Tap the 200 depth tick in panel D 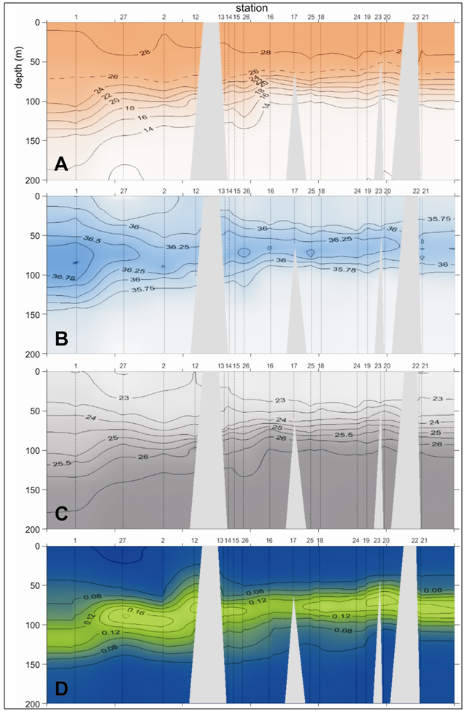pos(34,704)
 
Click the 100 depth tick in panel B pos(34,275)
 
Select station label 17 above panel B pos(294,191)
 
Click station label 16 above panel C pos(270,366)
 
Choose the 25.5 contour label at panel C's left pos(63,463)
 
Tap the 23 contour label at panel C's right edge pos(438,398)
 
